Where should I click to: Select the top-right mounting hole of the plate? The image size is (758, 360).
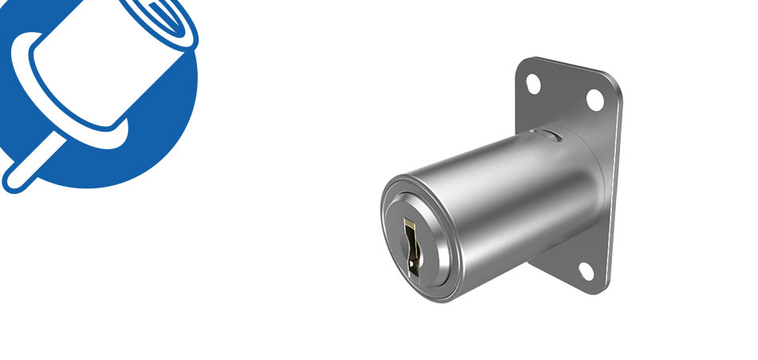[x=594, y=99]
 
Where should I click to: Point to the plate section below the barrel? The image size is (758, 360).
[x=567, y=259]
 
